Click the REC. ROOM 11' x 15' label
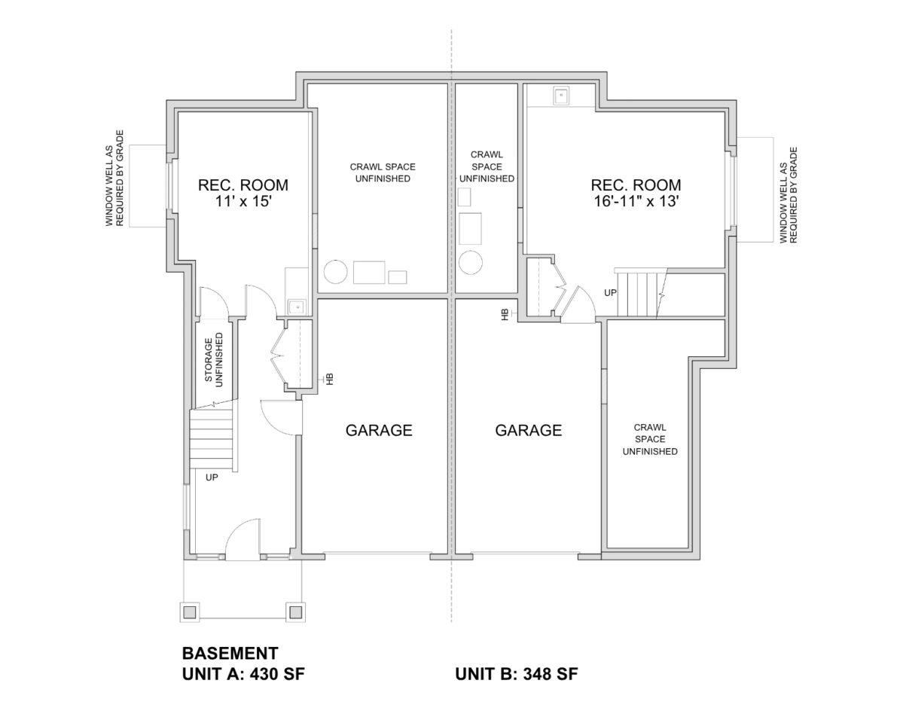(x=243, y=193)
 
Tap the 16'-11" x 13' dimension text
(x=636, y=202)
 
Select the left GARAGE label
(x=379, y=430)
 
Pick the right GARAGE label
(x=529, y=430)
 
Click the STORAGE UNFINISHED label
(x=214, y=360)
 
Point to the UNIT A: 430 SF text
(x=243, y=673)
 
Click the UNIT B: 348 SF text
(x=517, y=673)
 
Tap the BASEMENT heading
(x=230, y=654)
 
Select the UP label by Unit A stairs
(x=212, y=478)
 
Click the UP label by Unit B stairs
(x=611, y=292)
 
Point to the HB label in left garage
(x=329, y=379)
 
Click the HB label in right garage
(x=505, y=314)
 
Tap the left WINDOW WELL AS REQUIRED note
(x=115, y=178)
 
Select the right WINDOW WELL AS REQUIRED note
(x=789, y=195)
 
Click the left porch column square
(x=189, y=612)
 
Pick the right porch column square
(x=296, y=612)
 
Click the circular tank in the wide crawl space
(x=335, y=272)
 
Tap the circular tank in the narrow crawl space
(x=471, y=263)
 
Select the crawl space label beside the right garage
(x=650, y=439)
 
